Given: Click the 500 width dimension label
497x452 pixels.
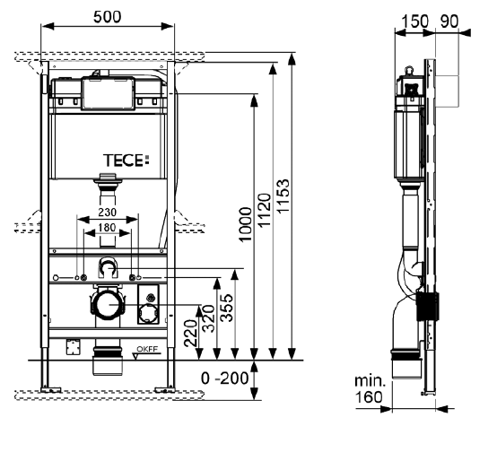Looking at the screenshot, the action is pos(107,17).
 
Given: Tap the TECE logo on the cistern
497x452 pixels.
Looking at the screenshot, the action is pos(126,161).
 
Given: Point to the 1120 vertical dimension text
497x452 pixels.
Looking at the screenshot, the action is pos(265,211).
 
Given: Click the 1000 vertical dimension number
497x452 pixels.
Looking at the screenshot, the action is pos(245,224).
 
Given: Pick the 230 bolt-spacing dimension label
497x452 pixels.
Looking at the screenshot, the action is pos(107,212).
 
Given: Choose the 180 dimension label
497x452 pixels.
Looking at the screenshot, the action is pos(107,228).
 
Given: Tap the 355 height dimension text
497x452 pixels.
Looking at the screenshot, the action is pos(227,308).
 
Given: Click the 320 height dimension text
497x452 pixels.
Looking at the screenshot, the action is pos(208,318).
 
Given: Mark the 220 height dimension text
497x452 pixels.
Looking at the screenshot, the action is pos(190,333).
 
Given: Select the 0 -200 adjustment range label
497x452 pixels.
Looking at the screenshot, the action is pos(225,378).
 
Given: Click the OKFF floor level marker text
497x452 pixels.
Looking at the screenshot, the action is pos(147,349).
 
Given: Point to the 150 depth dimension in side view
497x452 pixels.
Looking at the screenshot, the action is pos(414,22).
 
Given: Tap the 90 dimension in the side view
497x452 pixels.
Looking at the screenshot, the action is pos(449,22).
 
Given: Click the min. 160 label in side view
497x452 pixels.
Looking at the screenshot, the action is pos(370,388).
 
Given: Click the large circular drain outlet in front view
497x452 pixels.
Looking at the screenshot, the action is pos(109,305).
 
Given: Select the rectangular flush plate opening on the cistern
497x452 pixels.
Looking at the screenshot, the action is pos(108,94).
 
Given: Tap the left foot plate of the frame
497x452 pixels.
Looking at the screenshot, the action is pos(51,389).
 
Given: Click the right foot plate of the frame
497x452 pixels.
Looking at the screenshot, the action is pos(164,389).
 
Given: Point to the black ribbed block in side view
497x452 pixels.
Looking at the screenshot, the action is pos(427,306).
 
